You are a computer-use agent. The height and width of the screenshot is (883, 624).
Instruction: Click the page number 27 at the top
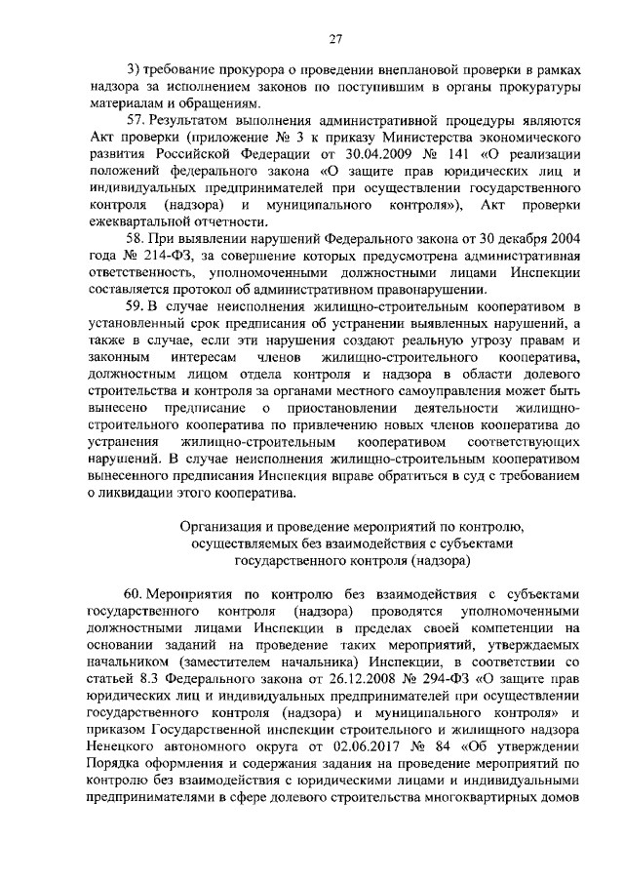(335, 38)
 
